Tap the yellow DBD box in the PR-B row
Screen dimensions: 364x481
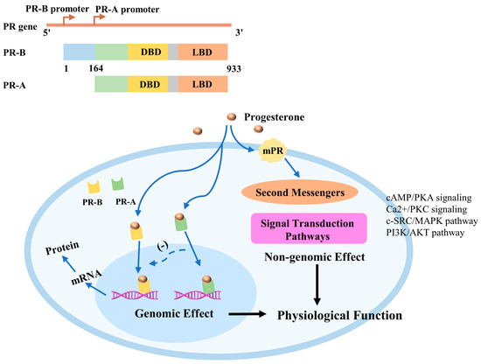pos(145,53)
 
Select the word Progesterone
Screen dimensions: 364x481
pos(285,116)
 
